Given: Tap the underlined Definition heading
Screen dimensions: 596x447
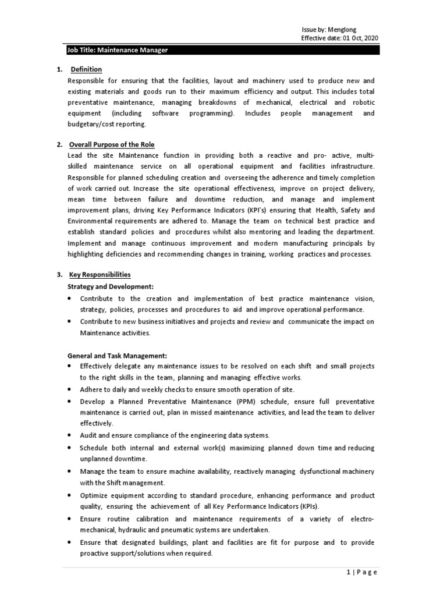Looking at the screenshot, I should coord(85,69).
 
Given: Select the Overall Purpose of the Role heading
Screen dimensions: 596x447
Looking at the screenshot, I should coord(112,144).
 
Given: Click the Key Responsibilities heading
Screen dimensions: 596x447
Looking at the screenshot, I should coord(100,274).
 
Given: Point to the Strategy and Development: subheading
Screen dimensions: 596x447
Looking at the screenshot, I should coord(111,287).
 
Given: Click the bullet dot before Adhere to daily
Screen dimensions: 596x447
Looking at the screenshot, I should coord(70,389).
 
